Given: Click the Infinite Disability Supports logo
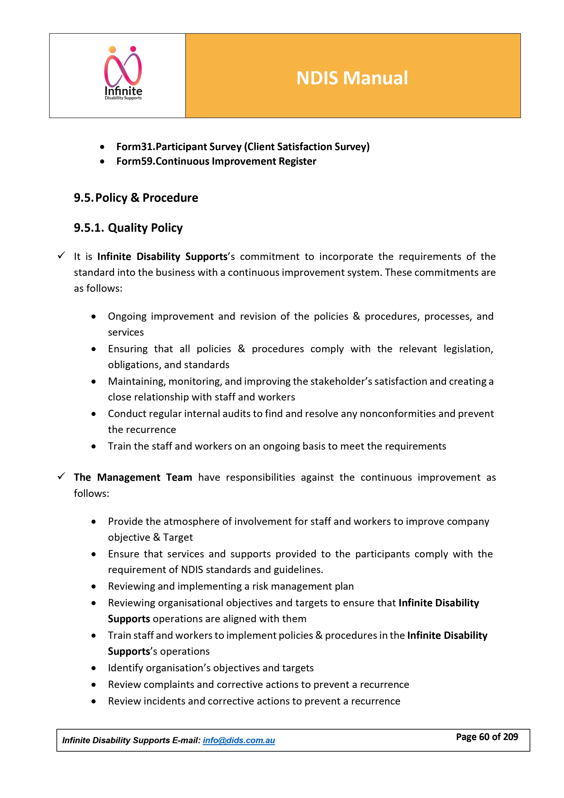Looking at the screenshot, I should [x=123, y=73].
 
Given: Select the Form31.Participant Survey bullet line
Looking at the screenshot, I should [x=243, y=147].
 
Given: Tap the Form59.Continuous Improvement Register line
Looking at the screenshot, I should [x=216, y=161].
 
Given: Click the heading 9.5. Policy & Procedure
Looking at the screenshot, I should [x=136, y=198].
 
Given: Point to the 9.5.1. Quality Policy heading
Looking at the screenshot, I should [x=128, y=228].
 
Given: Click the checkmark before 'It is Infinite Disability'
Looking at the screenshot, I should [x=62, y=255].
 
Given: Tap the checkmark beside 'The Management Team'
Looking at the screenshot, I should [x=62, y=476].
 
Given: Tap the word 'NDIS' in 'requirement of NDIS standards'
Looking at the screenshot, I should [x=192, y=570].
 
